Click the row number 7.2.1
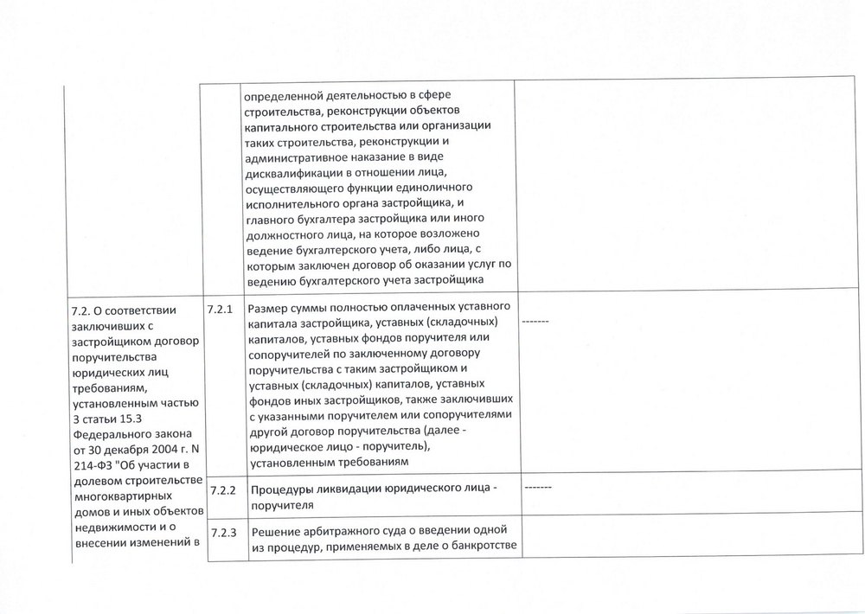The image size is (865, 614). [221, 308]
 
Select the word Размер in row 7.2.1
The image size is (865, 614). [269, 308]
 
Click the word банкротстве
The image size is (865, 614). [476, 545]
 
